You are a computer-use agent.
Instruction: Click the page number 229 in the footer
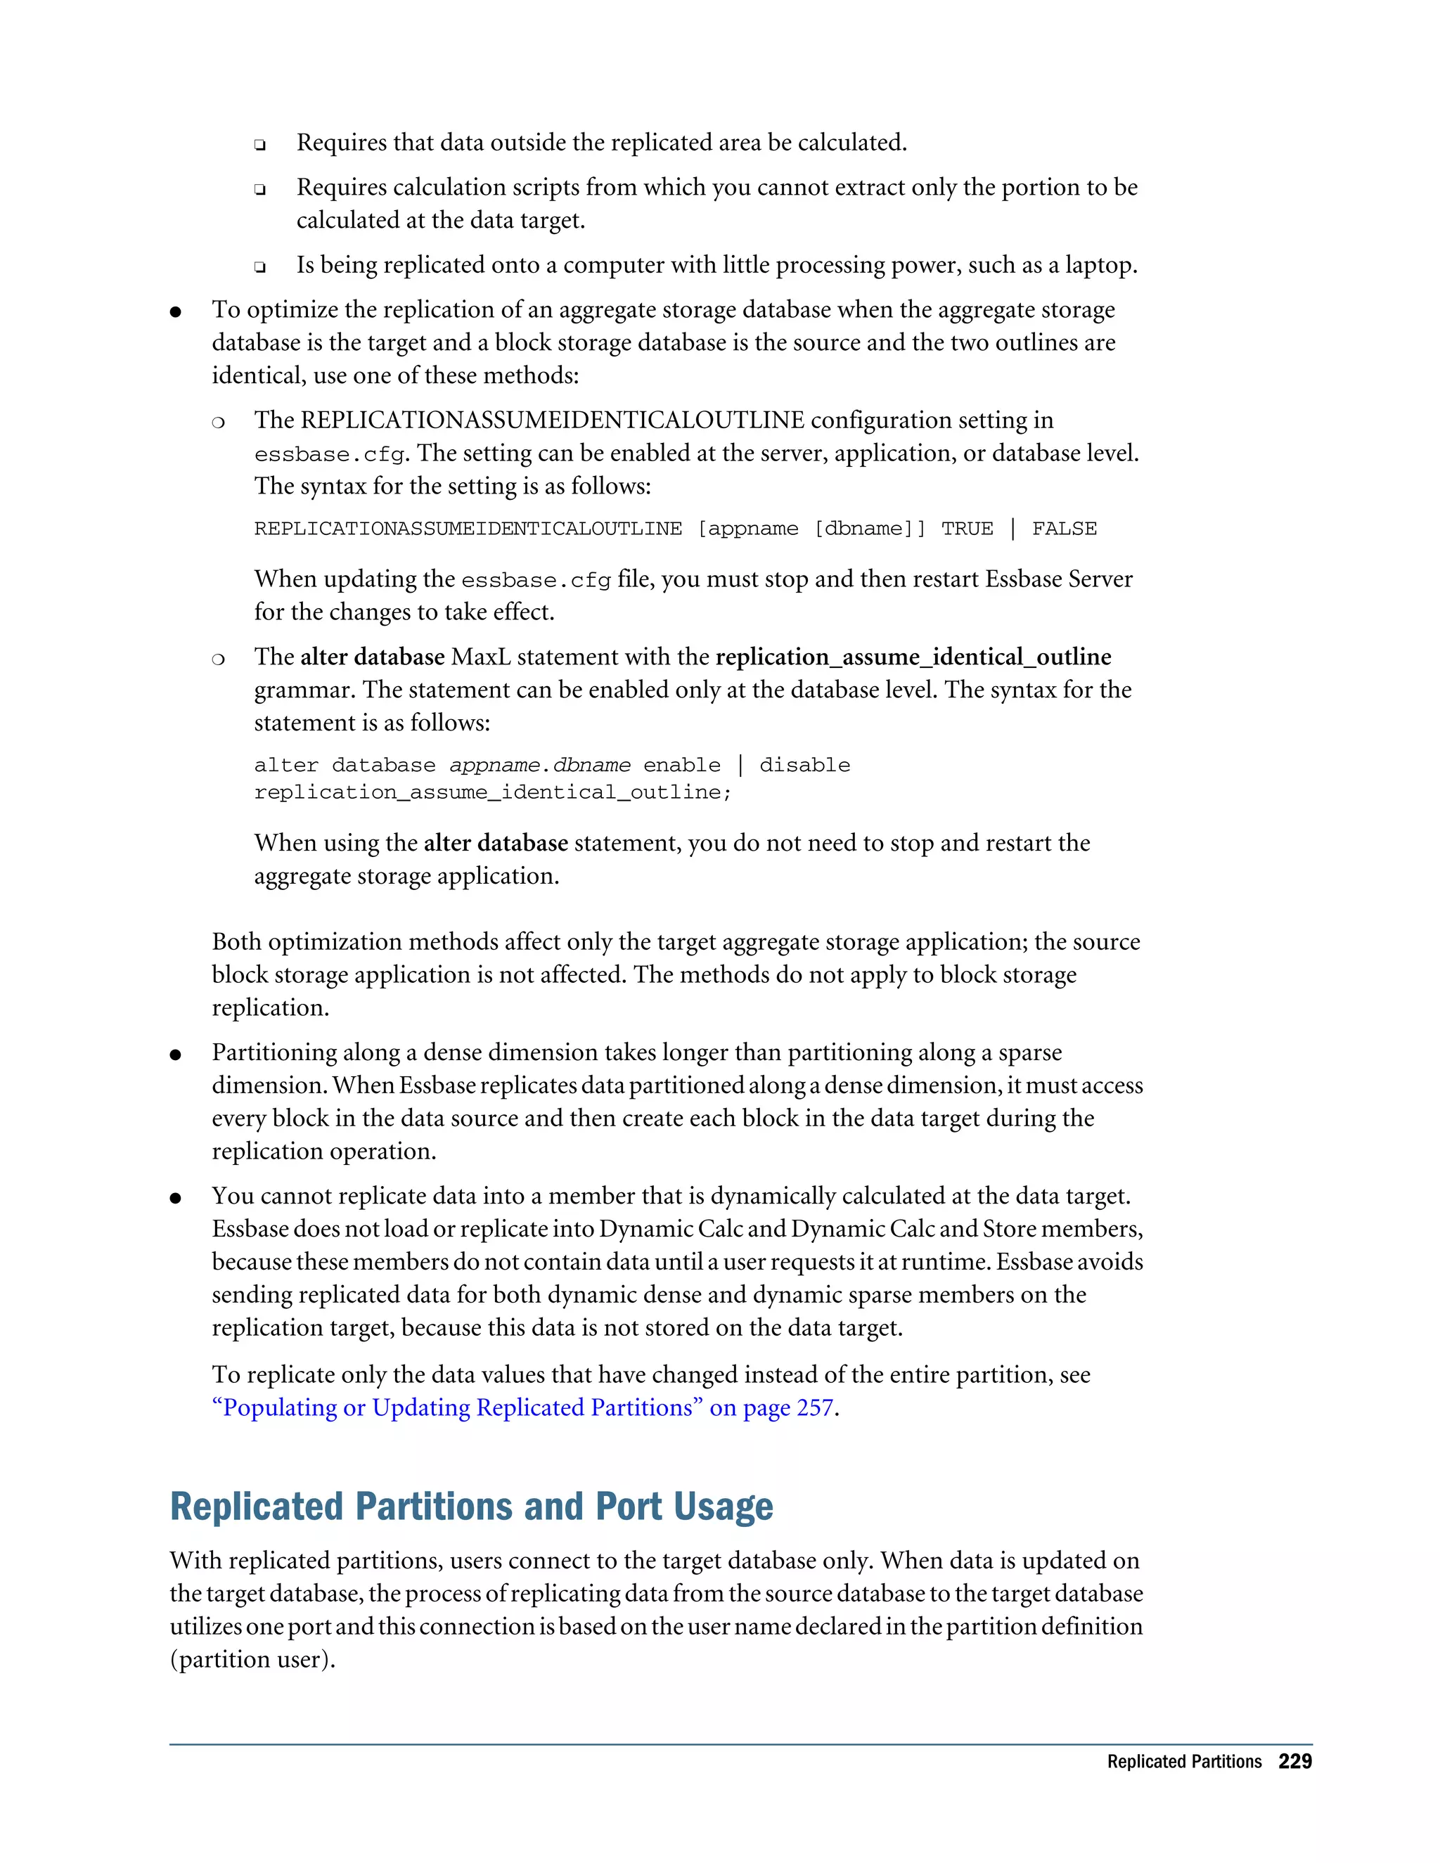(1294, 1762)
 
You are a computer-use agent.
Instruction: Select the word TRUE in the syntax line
(967, 529)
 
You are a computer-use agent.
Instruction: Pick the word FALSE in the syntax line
(1064, 529)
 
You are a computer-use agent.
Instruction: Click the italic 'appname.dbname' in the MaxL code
(539, 765)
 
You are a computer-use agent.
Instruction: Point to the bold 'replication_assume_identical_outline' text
(913, 657)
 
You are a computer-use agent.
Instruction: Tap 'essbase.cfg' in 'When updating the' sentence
(536, 581)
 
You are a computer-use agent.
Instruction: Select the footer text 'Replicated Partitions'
(1183, 1762)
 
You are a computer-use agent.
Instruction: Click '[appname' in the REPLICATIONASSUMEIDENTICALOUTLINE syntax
(747, 529)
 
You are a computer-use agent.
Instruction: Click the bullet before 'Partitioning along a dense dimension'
(176, 1055)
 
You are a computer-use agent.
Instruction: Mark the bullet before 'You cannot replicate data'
(176, 1199)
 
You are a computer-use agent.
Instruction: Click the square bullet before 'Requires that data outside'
(259, 145)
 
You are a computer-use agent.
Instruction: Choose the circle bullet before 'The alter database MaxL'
(219, 659)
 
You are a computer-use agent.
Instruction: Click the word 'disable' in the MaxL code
(804, 765)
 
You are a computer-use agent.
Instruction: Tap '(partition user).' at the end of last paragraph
(252, 1659)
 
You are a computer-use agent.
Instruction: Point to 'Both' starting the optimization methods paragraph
(236, 942)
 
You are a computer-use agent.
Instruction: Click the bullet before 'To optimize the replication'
(176, 312)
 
